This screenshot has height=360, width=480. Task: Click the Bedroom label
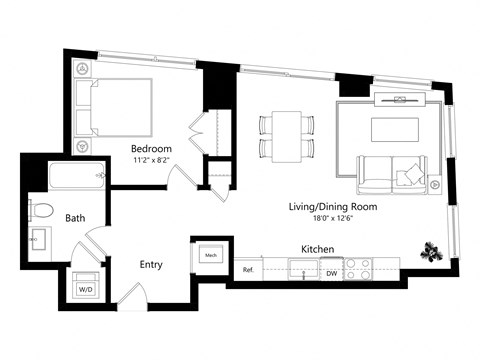point(153,150)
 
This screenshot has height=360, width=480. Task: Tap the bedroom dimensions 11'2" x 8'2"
point(153,162)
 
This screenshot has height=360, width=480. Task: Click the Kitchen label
point(318,249)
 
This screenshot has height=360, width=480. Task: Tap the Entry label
point(151,265)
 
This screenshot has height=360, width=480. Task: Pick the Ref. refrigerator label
point(248,270)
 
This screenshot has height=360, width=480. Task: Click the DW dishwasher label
point(331,272)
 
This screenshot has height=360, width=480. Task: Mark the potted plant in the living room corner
point(432,251)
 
